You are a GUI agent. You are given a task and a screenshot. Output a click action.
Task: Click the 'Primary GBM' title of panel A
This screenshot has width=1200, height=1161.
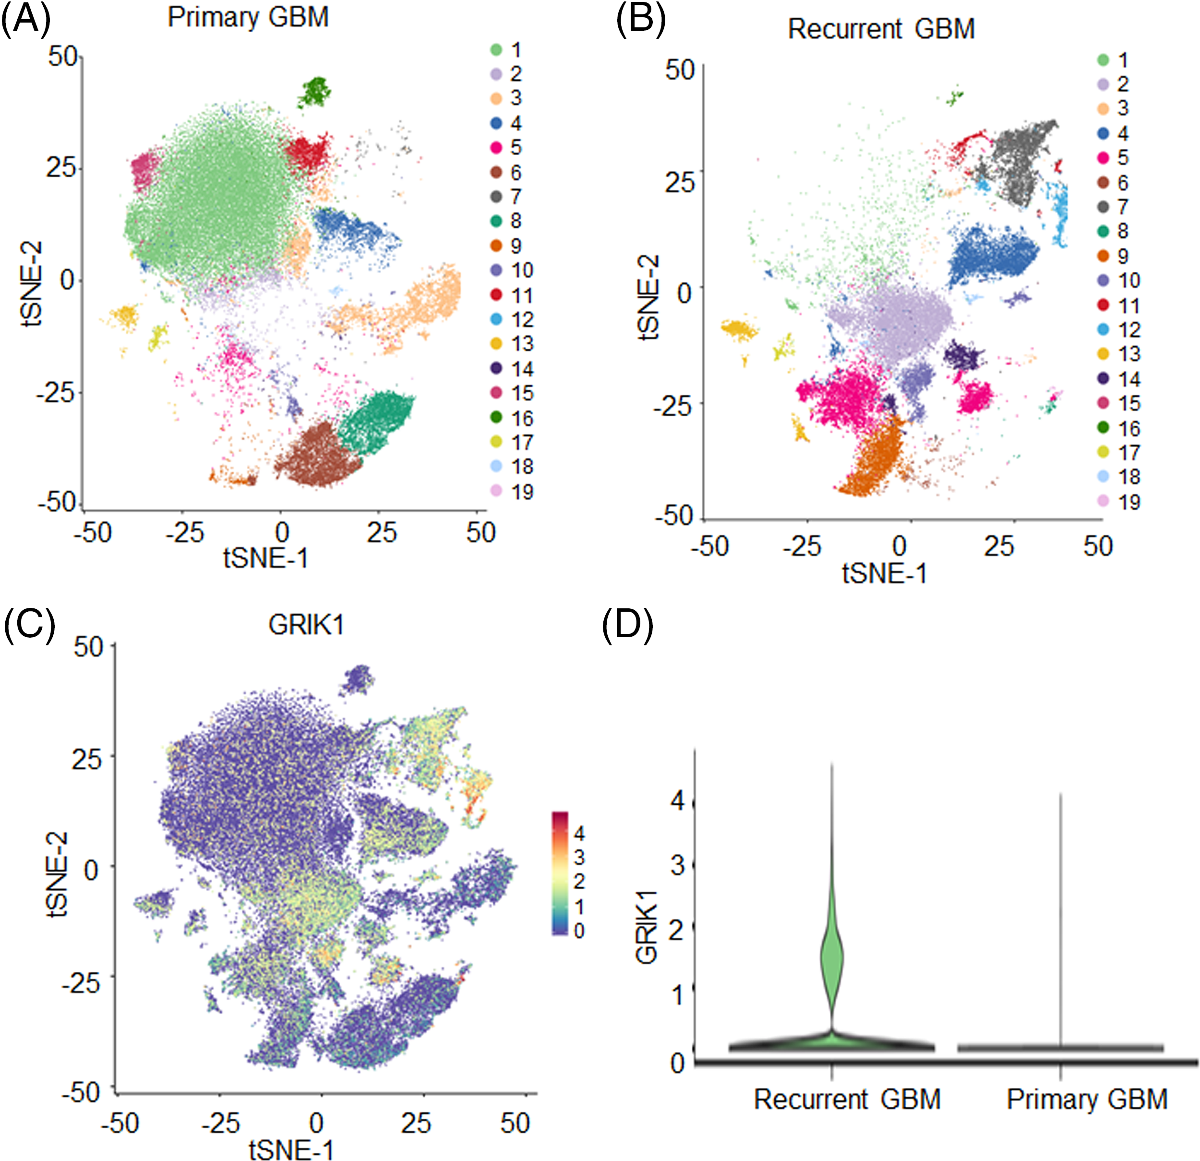point(248,17)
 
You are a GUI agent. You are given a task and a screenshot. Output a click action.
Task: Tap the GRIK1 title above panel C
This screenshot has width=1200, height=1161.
point(306,625)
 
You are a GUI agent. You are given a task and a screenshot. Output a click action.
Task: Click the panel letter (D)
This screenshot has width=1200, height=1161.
point(627,625)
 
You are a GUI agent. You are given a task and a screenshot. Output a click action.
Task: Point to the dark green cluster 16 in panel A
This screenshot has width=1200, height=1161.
point(315,92)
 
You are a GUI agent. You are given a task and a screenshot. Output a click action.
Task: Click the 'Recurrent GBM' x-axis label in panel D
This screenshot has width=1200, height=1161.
point(847,1099)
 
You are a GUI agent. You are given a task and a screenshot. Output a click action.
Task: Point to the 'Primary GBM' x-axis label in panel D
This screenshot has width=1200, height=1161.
point(1087,1099)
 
